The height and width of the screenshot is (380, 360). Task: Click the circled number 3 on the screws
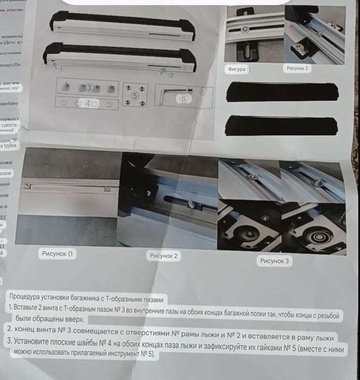[x=89, y=87]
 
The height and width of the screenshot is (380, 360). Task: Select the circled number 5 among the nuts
[x=135, y=96]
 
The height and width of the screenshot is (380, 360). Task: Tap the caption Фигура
[x=237, y=70]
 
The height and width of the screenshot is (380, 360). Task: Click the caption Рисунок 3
[x=275, y=261]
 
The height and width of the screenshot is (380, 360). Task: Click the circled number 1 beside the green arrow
[x=61, y=69]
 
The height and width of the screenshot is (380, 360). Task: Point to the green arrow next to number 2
[x=162, y=70]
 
